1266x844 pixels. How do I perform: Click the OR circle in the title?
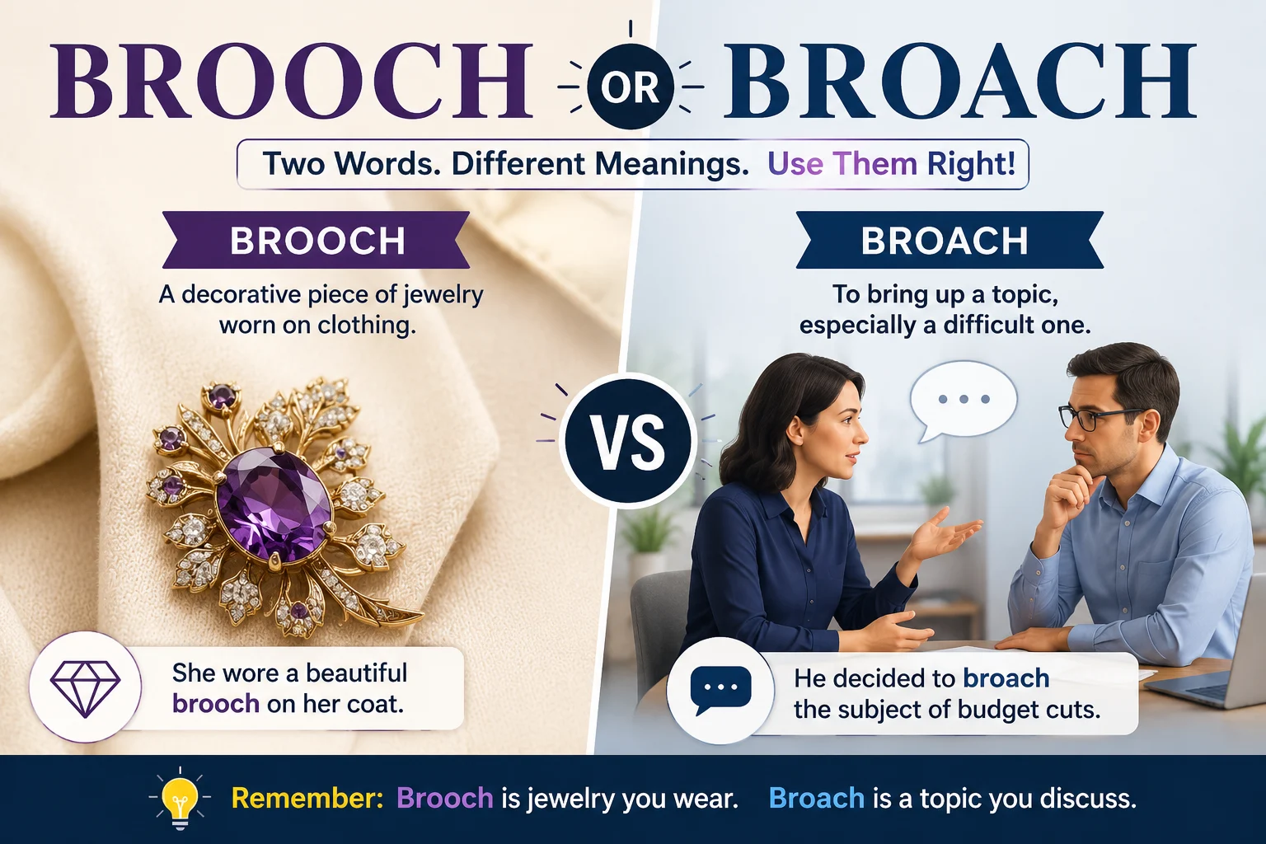[631, 87]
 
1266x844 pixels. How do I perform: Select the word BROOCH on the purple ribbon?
[317, 241]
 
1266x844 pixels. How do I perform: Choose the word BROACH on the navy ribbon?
[945, 241]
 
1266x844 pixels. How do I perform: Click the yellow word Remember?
[307, 798]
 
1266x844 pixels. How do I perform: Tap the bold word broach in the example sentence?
[1006, 678]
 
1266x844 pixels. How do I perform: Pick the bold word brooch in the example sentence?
[216, 705]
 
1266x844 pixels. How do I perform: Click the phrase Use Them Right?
[891, 164]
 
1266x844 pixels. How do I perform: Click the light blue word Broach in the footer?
[816, 798]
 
